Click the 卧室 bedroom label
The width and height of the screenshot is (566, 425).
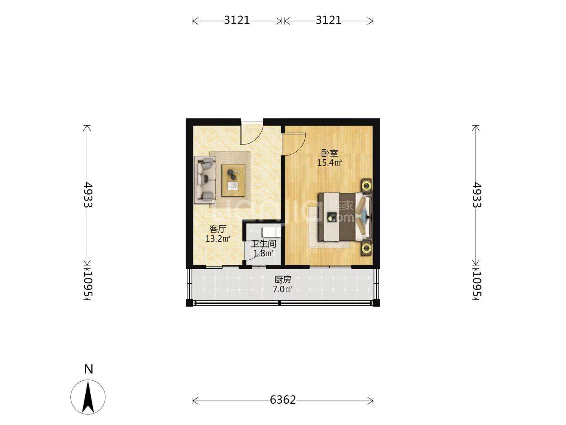[329, 153]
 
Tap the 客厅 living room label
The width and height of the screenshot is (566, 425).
[218, 229]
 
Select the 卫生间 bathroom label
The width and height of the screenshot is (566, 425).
[263, 244]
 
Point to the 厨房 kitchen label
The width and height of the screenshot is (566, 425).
[283, 279]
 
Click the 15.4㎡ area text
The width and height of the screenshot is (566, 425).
[329, 163]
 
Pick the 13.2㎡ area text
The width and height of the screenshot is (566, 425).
[218, 238]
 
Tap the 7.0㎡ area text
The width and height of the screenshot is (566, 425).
[283, 289]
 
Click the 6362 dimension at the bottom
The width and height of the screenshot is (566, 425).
[283, 400]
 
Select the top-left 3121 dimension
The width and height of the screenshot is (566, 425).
[237, 20]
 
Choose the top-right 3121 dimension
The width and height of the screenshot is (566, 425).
[329, 20]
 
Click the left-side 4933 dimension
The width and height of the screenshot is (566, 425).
[88, 195]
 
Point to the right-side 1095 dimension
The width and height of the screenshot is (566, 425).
[476, 283]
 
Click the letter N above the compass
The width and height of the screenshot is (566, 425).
[88, 369]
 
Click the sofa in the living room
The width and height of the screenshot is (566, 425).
[205, 181]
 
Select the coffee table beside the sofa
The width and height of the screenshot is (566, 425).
[233, 180]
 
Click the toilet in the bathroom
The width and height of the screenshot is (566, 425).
[271, 232]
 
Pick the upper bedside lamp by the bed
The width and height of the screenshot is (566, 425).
[366, 185]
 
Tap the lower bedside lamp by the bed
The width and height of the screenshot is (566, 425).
[366, 248]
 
